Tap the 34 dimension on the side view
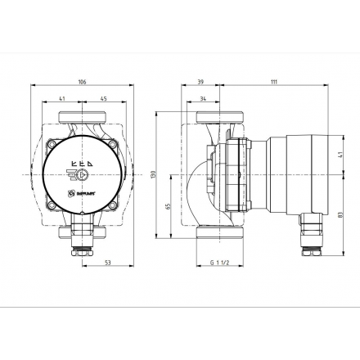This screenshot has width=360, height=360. (201, 100)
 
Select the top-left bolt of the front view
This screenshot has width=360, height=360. (62, 147)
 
